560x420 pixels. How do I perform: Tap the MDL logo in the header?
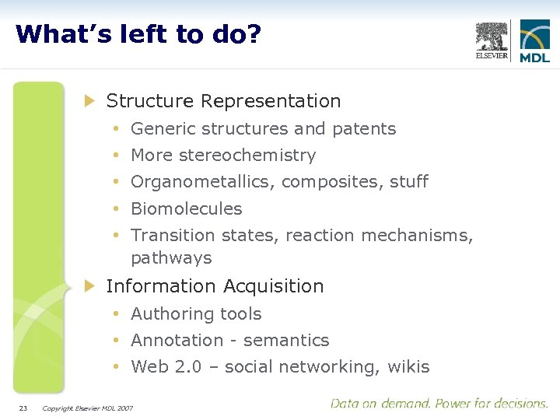(x=535, y=41)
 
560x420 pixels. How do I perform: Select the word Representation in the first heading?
(x=271, y=101)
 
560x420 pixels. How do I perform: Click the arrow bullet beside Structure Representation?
(x=89, y=100)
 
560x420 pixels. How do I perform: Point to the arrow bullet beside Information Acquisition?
(x=89, y=285)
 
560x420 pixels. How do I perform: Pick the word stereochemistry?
(x=247, y=156)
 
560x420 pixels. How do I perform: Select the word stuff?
(x=409, y=182)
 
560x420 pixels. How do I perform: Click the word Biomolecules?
(x=187, y=209)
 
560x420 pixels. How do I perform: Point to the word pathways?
(x=171, y=258)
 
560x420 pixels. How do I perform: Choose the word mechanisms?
(x=424, y=236)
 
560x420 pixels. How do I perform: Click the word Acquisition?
(x=273, y=286)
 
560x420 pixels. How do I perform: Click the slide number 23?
(x=23, y=408)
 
